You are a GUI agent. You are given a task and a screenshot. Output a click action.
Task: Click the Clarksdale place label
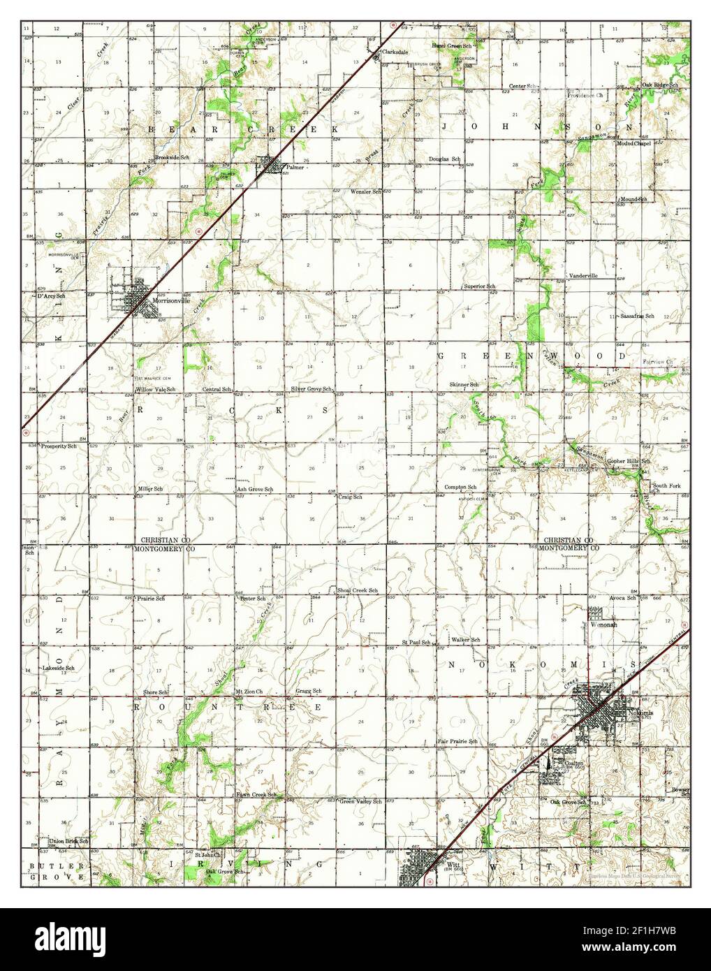click(x=403, y=52)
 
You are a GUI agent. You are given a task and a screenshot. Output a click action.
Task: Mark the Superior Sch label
click(x=481, y=287)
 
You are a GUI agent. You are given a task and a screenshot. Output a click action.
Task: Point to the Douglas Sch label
click(x=444, y=159)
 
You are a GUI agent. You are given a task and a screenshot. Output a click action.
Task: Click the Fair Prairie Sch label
click(x=457, y=740)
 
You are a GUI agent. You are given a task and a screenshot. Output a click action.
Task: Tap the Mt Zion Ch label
click(x=249, y=692)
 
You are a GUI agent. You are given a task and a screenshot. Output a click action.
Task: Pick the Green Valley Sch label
click(x=360, y=801)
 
